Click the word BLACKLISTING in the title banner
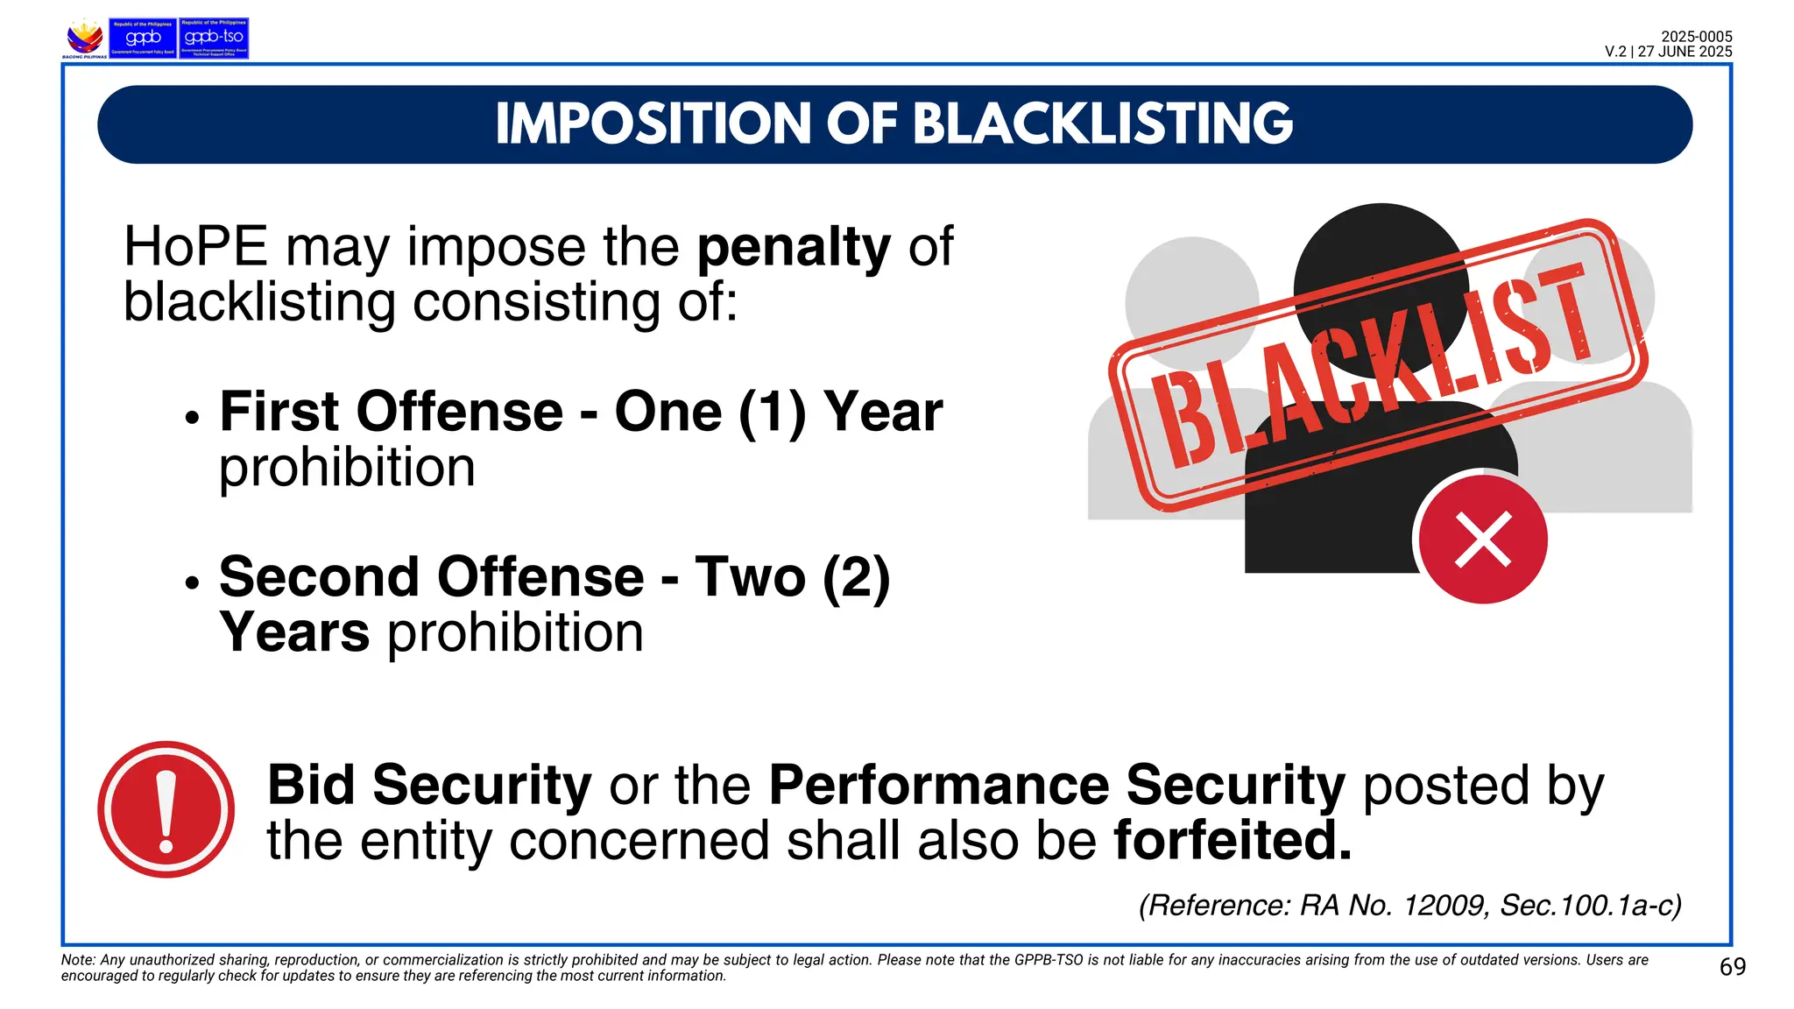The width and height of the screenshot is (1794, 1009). click(x=1103, y=123)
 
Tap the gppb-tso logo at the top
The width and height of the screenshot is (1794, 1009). click(x=214, y=39)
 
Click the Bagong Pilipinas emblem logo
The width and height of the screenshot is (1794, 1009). click(x=84, y=39)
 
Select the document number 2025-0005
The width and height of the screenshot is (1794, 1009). click(x=1696, y=37)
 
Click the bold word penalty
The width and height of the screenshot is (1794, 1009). click(x=793, y=247)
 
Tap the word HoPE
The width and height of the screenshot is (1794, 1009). click(x=195, y=247)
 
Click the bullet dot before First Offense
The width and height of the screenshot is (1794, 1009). click(x=193, y=419)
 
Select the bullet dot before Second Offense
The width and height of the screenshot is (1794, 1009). click(x=193, y=583)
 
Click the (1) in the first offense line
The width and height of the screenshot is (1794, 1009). click(x=772, y=412)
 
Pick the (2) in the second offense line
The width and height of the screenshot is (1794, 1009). click(x=856, y=577)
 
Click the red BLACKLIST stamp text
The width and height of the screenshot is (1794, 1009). click(x=1375, y=368)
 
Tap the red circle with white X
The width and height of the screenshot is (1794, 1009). click(x=1482, y=540)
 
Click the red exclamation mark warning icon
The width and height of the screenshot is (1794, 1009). click(x=166, y=809)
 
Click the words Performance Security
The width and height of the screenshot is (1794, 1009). click(x=1056, y=785)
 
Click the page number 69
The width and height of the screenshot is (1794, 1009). click(x=1732, y=967)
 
